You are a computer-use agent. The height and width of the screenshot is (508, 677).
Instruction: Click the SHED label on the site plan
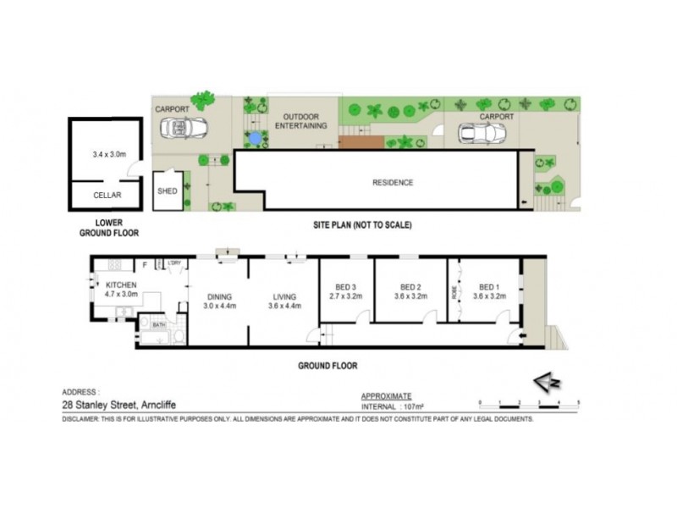(168, 190)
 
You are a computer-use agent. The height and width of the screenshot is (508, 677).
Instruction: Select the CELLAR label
(107, 195)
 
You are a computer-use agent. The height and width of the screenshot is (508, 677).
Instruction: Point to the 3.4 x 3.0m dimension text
(108, 154)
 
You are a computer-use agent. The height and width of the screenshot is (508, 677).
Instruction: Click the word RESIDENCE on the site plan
(393, 183)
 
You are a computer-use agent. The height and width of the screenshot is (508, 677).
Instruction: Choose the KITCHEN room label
(121, 285)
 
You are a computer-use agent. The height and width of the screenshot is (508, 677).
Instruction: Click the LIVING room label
(283, 296)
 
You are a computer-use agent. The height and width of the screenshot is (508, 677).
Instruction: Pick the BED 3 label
(344, 286)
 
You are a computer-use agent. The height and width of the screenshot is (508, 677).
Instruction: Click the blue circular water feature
(254, 136)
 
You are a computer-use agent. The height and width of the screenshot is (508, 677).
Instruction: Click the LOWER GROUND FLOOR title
(108, 227)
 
